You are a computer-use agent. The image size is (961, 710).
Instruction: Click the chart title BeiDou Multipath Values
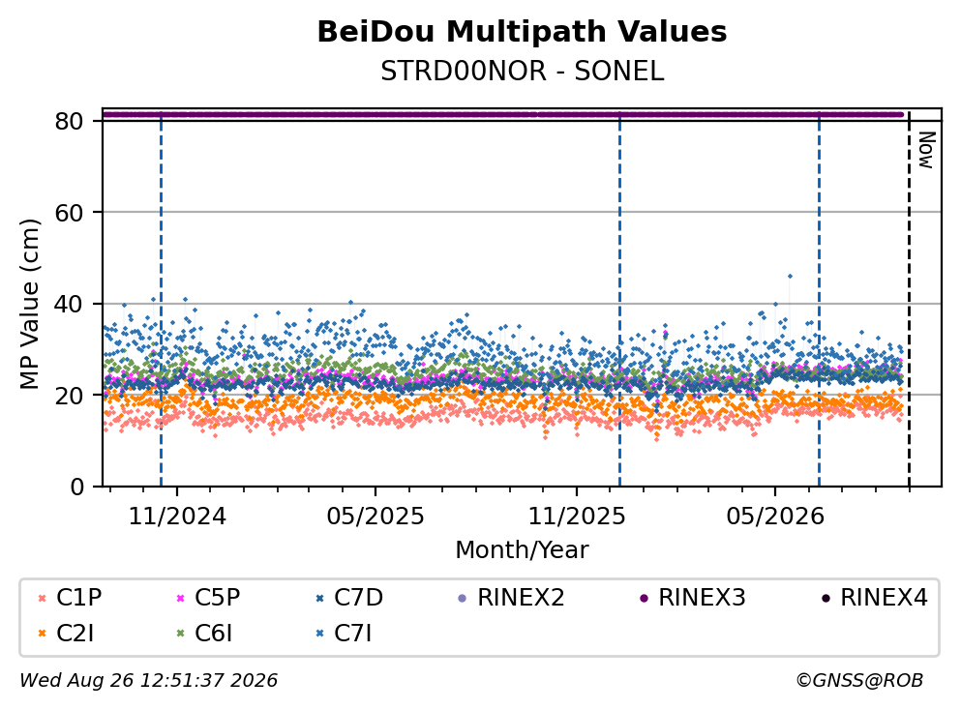tap(522, 32)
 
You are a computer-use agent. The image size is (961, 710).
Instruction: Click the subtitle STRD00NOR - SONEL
tap(522, 72)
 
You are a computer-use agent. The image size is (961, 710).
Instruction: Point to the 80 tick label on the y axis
tap(69, 121)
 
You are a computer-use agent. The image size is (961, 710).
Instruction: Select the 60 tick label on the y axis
tap(69, 213)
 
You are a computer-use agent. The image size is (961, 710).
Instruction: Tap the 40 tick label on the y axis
tap(69, 304)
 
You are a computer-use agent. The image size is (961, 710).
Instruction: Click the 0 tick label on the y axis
tap(76, 487)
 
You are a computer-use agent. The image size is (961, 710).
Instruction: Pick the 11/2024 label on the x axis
tap(177, 517)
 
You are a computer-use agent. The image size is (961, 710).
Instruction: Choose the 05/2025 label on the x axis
tap(375, 517)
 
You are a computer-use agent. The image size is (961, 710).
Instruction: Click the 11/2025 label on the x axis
tap(577, 517)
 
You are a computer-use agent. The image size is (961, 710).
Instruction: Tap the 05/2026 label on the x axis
tap(775, 517)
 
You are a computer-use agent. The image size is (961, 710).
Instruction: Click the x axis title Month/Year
tap(522, 550)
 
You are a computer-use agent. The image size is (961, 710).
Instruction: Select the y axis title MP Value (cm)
tap(29, 304)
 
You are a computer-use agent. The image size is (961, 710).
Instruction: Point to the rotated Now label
tap(926, 150)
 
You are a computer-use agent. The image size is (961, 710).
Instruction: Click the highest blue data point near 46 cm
tap(790, 277)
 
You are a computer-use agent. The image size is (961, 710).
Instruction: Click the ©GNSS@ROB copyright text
tap(859, 680)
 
